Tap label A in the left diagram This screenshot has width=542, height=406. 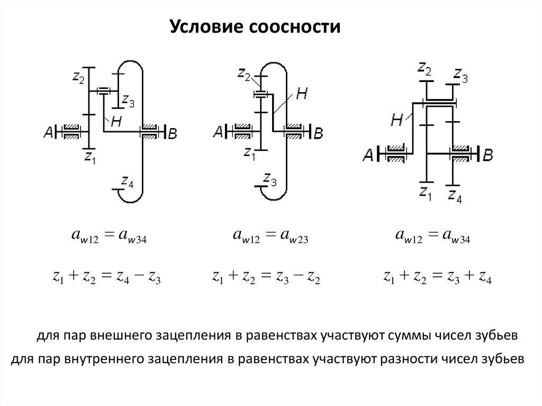coord(49,133)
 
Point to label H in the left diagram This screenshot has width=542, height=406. coord(117,121)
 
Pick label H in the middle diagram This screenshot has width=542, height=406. coord(301,94)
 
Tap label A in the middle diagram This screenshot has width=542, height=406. coord(218,132)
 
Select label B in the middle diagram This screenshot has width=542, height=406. coord(318,133)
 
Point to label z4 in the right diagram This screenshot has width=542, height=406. coord(455,197)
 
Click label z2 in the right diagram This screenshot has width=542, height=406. coord(424,68)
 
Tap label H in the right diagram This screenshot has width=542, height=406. coord(398,121)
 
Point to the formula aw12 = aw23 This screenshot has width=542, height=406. coord(270,239)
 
